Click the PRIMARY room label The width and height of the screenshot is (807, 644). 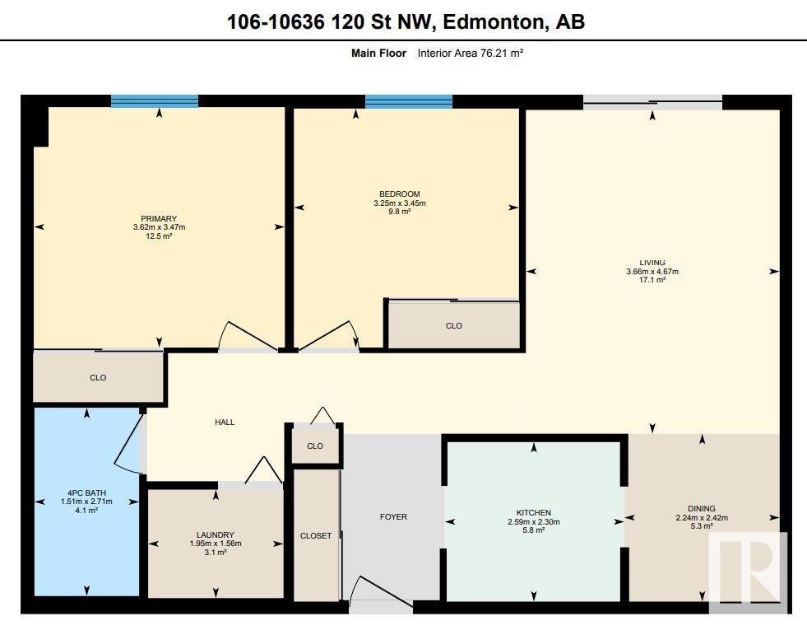(159, 218)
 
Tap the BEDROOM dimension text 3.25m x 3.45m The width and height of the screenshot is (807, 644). (399, 203)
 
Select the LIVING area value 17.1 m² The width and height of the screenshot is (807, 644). (652, 280)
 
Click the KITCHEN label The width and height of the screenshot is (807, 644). (534, 512)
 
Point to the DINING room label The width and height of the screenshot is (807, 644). (702, 508)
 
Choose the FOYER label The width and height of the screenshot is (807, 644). (393, 516)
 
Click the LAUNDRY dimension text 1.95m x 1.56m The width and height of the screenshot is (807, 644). (216, 544)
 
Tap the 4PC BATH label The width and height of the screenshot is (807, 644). (86, 493)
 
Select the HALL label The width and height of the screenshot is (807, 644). (225, 422)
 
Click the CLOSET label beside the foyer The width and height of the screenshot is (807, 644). (316, 536)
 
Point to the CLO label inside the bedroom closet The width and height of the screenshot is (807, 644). (453, 325)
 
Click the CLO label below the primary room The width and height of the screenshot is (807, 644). (98, 378)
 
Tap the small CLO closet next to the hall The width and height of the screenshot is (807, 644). (315, 446)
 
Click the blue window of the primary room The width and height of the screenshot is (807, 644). (155, 101)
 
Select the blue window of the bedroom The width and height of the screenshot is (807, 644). (409, 101)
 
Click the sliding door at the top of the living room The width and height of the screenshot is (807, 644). (652, 102)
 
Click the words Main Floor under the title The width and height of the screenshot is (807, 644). (378, 53)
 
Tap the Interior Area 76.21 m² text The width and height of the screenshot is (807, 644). (471, 53)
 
